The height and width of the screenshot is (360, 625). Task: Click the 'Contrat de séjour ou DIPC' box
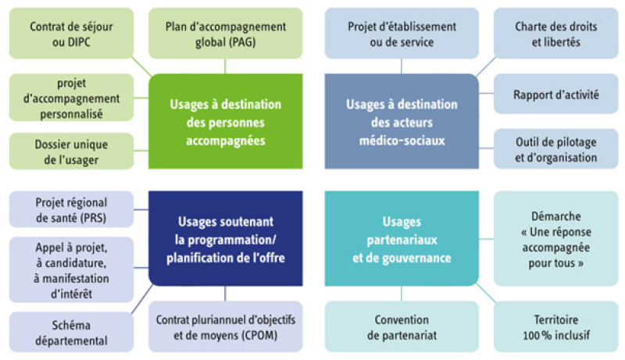pyautogui.click(x=71, y=34)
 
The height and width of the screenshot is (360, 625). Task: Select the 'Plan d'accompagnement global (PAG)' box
pyautogui.click(x=226, y=34)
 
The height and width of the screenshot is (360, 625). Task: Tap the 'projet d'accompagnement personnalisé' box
pyautogui.click(x=71, y=98)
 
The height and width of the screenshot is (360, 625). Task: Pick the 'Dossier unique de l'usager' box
pyautogui.click(x=71, y=151)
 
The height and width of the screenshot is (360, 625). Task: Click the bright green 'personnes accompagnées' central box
pyautogui.click(x=226, y=122)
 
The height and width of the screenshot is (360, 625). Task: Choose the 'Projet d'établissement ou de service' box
pyautogui.click(x=402, y=34)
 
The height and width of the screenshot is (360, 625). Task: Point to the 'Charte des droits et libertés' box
pyautogui.click(x=556, y=34)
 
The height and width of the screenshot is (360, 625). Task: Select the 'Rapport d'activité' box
pyautogui.click(x=556, y=94)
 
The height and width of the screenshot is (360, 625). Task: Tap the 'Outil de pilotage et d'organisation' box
pyautogui.click(x=556, y=149)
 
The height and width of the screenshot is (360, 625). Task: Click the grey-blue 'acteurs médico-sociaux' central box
pyautogui.click(x=402, y=122)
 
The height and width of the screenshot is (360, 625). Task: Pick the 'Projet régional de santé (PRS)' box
pyautogui.click(x=71, y=209)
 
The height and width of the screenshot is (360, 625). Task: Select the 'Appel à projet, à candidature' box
pyautogui.click(x=71, y=270)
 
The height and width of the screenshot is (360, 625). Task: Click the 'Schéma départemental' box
pyautogui.click(x=71, y=332)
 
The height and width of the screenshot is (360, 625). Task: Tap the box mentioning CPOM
pyautogui.click(x=226, y=326)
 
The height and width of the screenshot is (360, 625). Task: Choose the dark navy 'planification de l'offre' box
pyautogui.click(x=226, y=238)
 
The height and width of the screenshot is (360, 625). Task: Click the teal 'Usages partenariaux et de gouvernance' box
pyautogui.click(x=402, y=238)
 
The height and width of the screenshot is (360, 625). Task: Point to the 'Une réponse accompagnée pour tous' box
pyautogui.click(x=556, y=238)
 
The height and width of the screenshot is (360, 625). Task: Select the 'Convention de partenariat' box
pyautogui.click(x=402, y=326)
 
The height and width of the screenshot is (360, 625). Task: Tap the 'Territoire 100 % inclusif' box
pyautogui.click(x=556, y=326)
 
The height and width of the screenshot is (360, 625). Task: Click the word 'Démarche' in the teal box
pyautogui.click(x=556, y=216)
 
